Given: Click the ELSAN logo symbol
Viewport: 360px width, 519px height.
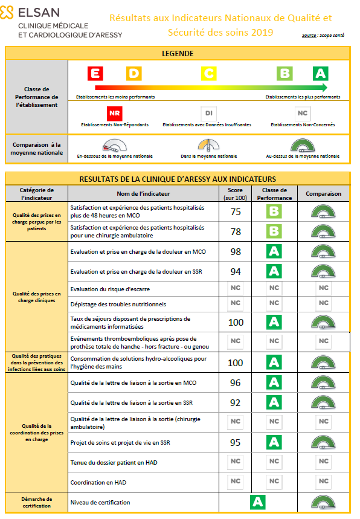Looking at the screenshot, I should click(x=8, y=12).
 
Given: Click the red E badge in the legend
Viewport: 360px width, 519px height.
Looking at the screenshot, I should click(x=95, y=74).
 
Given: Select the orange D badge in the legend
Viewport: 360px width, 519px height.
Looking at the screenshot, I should click(x=134, y=74).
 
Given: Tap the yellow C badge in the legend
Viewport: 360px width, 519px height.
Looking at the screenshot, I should click(x=208, y=74).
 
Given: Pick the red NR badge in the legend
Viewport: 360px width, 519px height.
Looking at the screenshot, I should click(x=114, y=113).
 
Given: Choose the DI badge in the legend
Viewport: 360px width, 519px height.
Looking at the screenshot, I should click(x=208, y=113).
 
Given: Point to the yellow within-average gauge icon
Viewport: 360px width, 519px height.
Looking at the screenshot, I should click(x=209, y=146).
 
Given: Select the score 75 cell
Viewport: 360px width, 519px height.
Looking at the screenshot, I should click(x=236, y=211).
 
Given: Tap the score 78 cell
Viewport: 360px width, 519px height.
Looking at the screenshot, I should click(x=236, y=231).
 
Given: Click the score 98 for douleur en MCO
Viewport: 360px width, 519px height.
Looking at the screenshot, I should click(x=236, y=251).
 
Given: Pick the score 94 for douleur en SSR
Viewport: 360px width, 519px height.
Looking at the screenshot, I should click(x=236, y=271).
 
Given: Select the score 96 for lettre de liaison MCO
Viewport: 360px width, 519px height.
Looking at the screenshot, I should click(x=236, y=382).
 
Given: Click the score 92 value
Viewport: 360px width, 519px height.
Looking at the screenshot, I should click(x=236, y=402).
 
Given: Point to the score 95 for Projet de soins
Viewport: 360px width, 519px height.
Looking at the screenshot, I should click(x=236, y=442).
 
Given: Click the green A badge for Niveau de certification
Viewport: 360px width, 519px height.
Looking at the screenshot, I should click(x=258, y=501).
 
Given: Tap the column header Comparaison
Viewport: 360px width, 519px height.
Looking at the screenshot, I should click(x=323, y=194).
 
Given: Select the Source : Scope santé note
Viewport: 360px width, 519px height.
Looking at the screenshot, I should click(x=323, y=36).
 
